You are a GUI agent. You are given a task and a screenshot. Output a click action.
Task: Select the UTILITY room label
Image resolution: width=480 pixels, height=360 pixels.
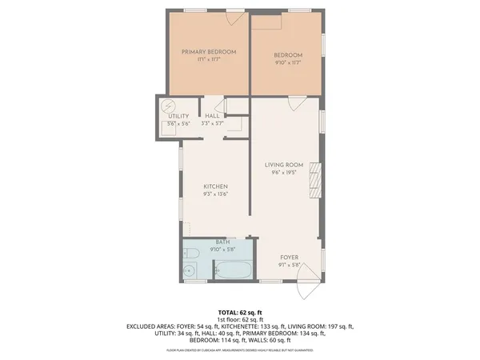point(178,117)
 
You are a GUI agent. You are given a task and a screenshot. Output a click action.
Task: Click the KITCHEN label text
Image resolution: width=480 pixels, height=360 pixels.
point(215,186)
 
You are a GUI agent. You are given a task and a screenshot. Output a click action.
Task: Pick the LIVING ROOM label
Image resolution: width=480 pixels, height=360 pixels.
point(286,165)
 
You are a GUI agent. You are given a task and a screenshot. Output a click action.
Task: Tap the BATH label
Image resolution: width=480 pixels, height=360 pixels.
point(222,242)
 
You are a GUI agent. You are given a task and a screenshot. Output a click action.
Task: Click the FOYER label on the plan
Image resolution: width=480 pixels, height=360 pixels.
point(289,257)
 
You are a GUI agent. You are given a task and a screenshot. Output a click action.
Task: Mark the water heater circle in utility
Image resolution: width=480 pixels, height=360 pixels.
point(168,106)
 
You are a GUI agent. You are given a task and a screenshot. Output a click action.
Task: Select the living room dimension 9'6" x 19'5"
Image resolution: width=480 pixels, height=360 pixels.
point(286,172)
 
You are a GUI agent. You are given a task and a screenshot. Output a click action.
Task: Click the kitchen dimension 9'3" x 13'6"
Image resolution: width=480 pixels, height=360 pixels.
point(215,194)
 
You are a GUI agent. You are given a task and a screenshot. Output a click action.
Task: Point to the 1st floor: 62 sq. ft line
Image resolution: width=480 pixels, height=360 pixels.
point(240,318)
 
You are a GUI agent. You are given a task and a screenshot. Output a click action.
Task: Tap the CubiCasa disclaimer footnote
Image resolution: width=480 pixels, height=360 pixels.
point(240,350)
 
